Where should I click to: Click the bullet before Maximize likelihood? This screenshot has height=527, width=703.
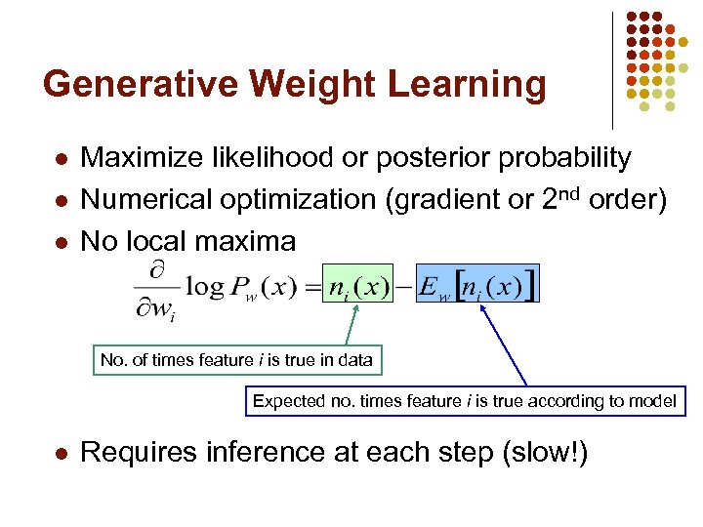(60, 158)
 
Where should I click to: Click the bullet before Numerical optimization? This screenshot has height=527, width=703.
(60, 200)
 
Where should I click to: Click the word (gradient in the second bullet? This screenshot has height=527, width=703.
(436, 200)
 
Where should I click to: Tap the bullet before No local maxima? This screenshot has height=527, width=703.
(60, 241)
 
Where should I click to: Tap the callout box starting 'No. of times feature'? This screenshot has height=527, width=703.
(236, 360)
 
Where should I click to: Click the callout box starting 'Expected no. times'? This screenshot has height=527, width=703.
(464, 401)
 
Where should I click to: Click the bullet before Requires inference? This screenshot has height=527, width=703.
(60, 454)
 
